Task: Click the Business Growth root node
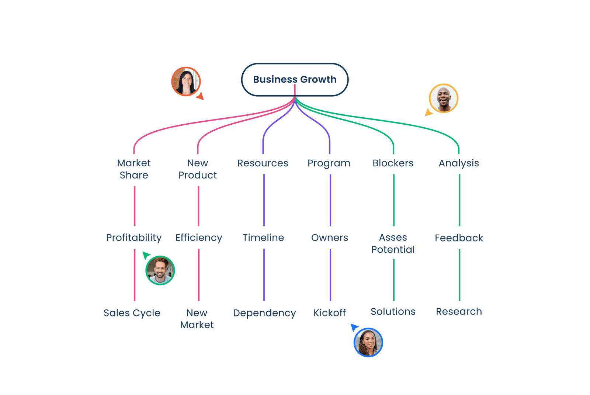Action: [295, 80]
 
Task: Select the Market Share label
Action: [134, 169]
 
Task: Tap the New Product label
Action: [198, 169]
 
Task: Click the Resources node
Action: [263, 163]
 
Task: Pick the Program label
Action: [329, 163]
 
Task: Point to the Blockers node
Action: [393, 163]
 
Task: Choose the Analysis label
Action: [459, 163]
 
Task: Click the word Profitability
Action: [134, 238]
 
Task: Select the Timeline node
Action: [263, 238]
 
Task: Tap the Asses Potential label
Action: [393, 243]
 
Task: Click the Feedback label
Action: [459, 238]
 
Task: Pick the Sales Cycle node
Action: [132, 313]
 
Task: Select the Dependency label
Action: [264, 313]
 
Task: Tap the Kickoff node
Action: [330, 313]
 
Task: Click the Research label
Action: [459, 312]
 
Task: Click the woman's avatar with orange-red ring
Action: [186, 82]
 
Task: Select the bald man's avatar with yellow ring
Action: [444, 98]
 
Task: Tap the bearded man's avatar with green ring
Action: [160, 270]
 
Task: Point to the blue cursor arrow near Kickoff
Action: [354, 327]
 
